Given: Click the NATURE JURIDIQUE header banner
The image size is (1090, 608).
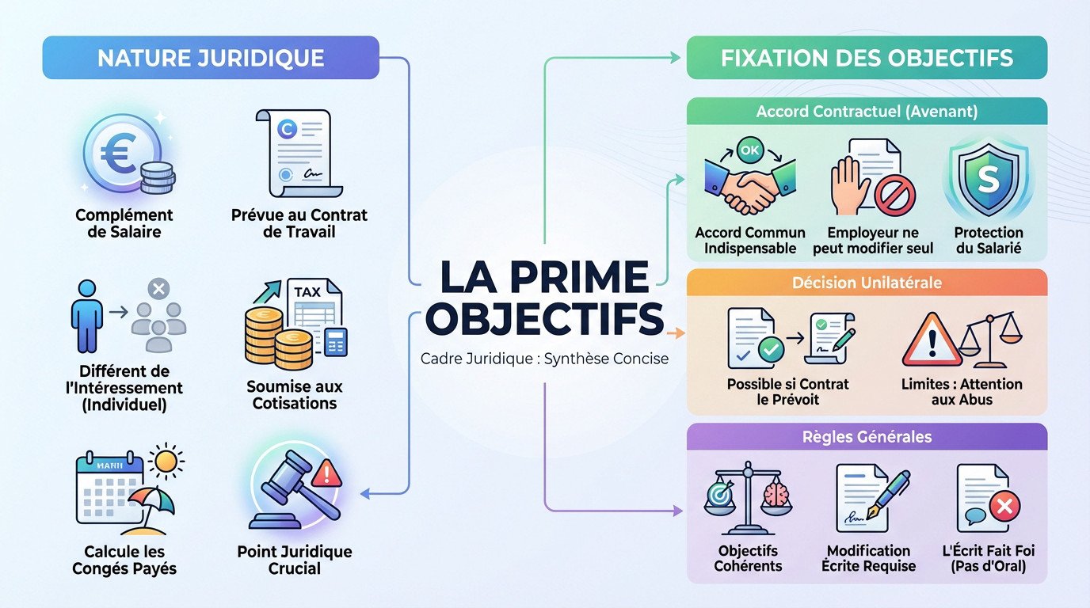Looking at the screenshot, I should pos(211,58).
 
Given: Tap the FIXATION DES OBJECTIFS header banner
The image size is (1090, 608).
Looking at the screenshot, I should pos(867,58).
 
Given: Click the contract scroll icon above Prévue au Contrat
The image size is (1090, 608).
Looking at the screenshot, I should pos(299,152).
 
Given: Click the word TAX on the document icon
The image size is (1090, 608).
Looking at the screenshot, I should pos(307,291).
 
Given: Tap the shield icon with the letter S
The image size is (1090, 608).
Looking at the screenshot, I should pos(988,180).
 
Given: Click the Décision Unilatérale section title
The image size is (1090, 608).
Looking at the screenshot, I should pos(867,283).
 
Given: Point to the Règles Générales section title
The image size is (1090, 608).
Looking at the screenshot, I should pos(867,437).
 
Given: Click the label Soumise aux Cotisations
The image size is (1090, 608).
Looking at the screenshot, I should pos(295,394).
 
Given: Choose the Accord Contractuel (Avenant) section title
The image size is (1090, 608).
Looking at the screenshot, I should pos(867,112).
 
